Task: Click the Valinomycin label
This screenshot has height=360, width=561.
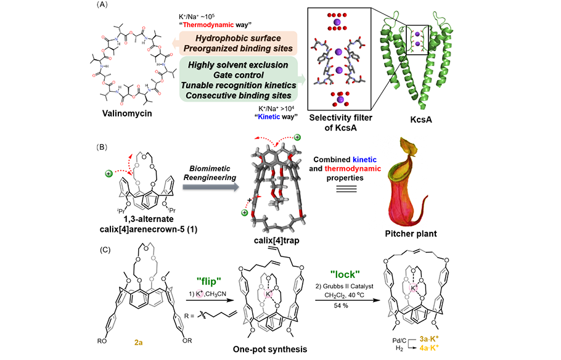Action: [129, 115]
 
